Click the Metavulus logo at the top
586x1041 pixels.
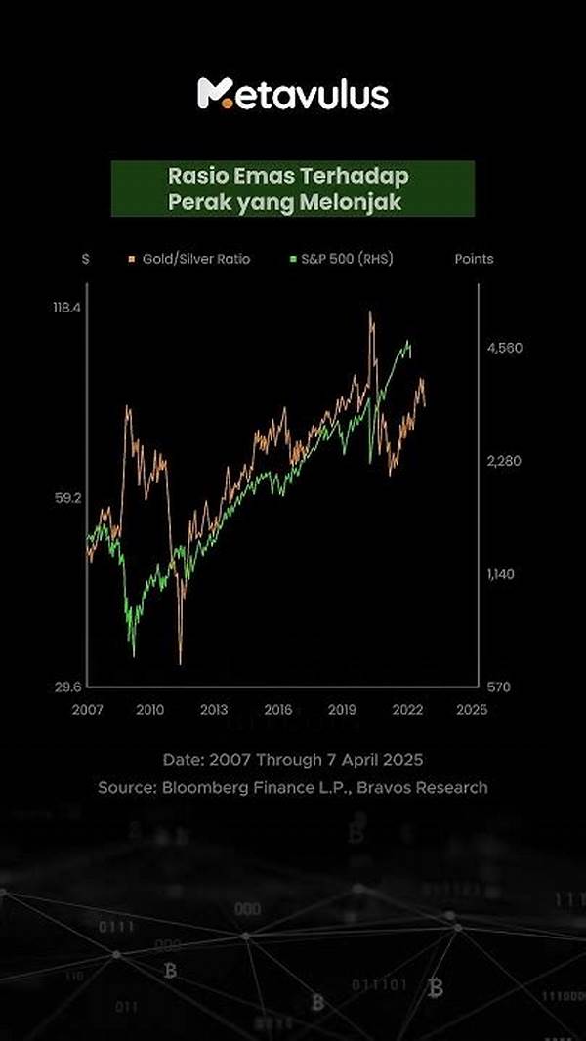click(x=293, y=94)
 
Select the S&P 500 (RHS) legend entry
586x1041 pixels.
click(x=342, y=259)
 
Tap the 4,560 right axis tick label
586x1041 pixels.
click(x=505, y=348)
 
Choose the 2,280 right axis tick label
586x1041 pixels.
click(x=505, y=461)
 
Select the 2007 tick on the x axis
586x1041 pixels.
click(x=87, y=710)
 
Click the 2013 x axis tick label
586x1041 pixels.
click(x=214, y=710)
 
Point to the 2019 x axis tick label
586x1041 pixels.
click(x=342, y=710)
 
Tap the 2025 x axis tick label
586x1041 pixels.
click(x=470, y=710)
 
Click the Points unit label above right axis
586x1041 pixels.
click(x=474, y=259)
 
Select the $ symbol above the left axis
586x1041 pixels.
click(x=86, y=259)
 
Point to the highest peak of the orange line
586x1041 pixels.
click(x=370, y=313)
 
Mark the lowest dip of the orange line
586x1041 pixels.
click(x=181, y=662)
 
